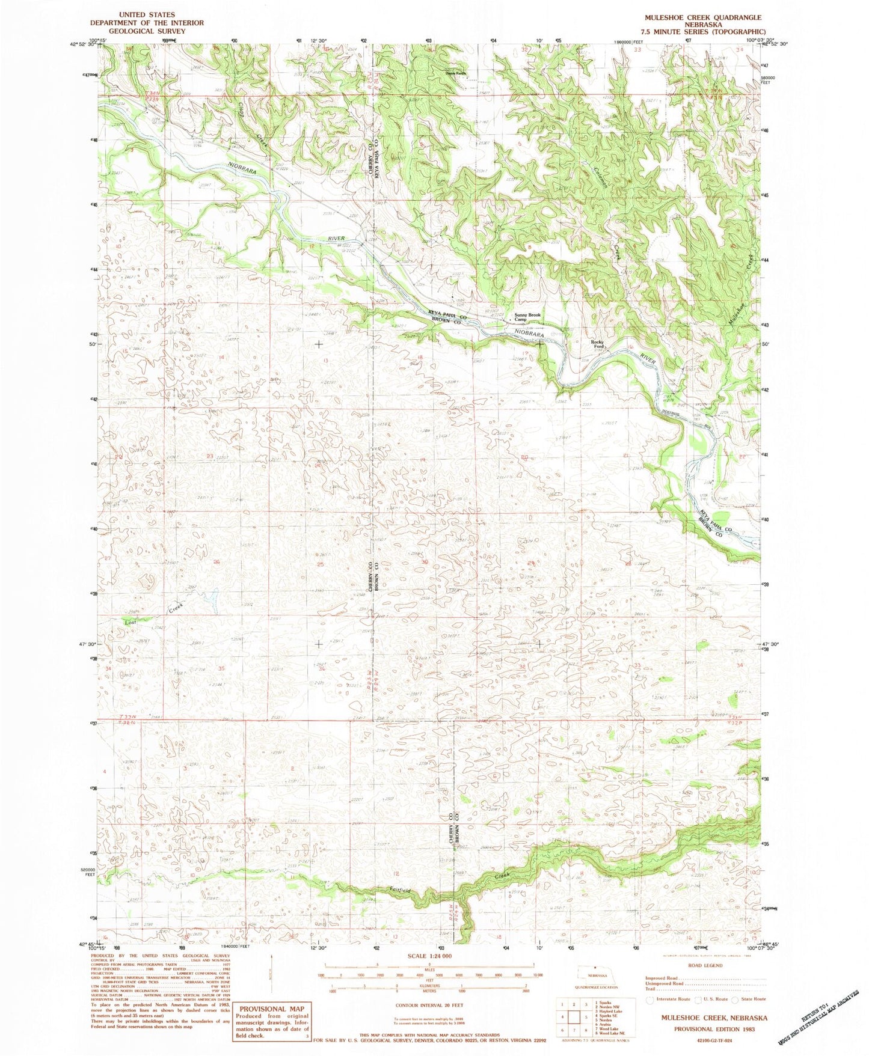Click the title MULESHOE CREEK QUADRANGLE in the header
tap(700, 18)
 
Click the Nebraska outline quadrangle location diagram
tap(594, 972)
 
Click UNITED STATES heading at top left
tap(147, 14)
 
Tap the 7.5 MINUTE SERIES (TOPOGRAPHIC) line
tap(700, 32)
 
